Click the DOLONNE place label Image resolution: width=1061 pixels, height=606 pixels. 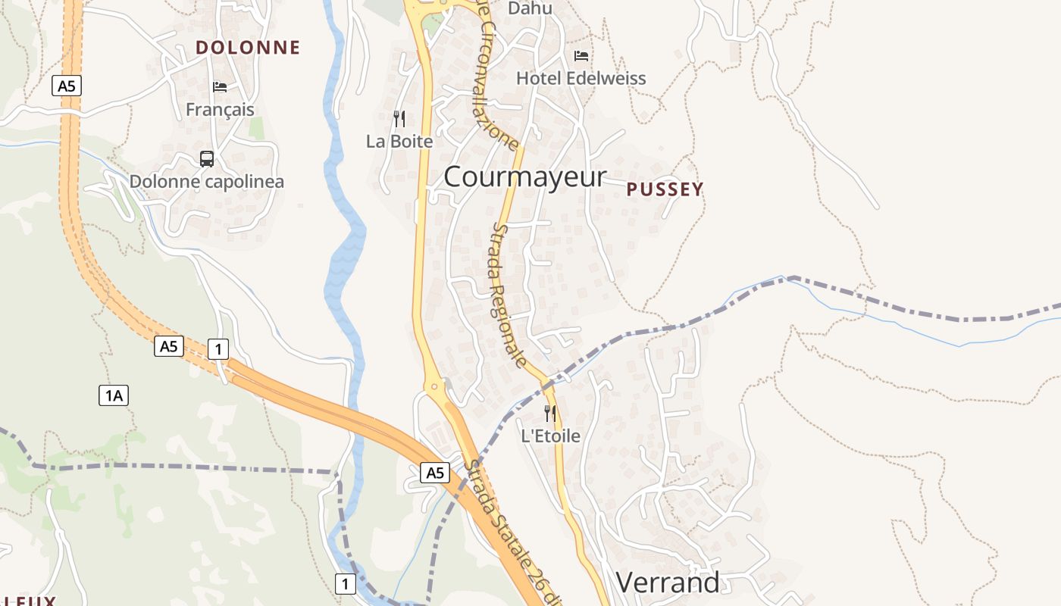click(248, 48)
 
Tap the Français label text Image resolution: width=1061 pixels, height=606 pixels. click(220, 110)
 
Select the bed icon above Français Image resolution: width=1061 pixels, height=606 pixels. click(220, 86)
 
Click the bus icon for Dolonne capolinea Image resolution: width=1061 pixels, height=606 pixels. click(207, 158)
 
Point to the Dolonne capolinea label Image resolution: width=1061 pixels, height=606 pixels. click(207, 182)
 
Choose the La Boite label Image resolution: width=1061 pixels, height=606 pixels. click(399, 142)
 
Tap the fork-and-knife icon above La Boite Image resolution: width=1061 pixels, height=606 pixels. click(399, 118)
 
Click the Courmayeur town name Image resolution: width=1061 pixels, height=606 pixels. click(525, 176)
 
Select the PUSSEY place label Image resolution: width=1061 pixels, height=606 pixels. click(665, 189)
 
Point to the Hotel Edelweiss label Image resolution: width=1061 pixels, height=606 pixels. click(581, 78)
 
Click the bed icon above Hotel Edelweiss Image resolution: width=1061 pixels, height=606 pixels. click(581, 55)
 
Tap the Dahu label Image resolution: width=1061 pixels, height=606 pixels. click(530, 9)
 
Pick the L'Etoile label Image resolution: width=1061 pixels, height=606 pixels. click(550, 436)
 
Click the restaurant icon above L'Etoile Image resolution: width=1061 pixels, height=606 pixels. click(550, 413)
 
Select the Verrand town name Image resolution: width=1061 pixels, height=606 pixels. click(668, 583)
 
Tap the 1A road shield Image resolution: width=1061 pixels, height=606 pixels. click(113, 395)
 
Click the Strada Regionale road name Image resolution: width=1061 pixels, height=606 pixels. click(509, 295)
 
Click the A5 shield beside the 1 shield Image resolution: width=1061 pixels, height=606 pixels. click(169, 346)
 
